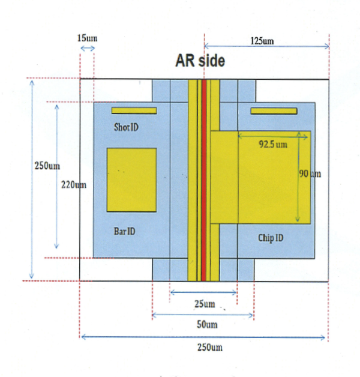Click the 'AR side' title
(200, 61)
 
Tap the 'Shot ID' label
(126, 127)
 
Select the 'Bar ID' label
(124, 231)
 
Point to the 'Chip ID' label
(271, 238)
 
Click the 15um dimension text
(87, 38)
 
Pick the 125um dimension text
(262, 41)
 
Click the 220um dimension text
(74, 185)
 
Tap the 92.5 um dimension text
(273, 144)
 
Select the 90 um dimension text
(310, 173)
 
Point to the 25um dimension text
(205, 304)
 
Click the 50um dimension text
(207, 325)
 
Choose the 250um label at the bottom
(210, 348)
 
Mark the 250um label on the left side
(47, 166)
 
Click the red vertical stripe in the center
(204, 180)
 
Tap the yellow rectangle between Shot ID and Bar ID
(131, 180)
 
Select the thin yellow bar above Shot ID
(134, 110)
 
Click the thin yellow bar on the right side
(274, 111)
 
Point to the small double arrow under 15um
(88, 49)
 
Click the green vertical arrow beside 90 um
(298, 176)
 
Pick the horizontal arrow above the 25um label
(203, 292)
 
